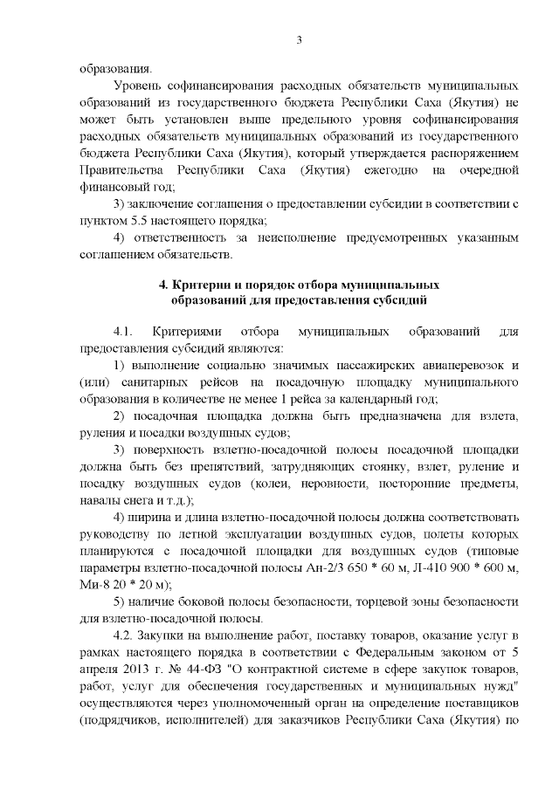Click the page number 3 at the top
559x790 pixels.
click(x=300, y=39)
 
